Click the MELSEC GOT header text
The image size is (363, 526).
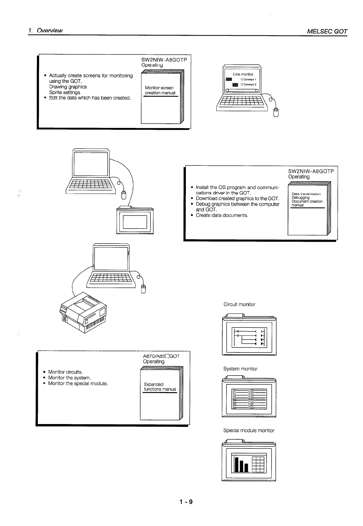[327, 31]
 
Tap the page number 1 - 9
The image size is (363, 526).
[186, 502]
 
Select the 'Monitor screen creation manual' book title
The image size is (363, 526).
[160, 90]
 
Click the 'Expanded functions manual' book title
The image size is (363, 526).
[160, 387]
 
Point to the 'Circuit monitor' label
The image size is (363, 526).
[239, 304]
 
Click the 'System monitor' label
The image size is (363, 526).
[240, 369]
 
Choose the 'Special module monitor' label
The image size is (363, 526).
[248, 430]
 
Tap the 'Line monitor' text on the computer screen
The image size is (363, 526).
[243, 74]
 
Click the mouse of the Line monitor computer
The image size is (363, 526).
[276, 112]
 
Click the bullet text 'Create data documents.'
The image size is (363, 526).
[222, 215]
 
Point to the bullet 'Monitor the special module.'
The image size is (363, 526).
[78, 383]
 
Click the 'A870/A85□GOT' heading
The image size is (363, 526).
[161, 356]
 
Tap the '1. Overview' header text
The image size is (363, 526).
[45, 31]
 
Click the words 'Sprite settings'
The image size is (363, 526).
[64, 92]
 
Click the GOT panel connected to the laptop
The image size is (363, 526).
[135, 220]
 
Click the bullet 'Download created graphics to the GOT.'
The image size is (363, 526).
[237, 199]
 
